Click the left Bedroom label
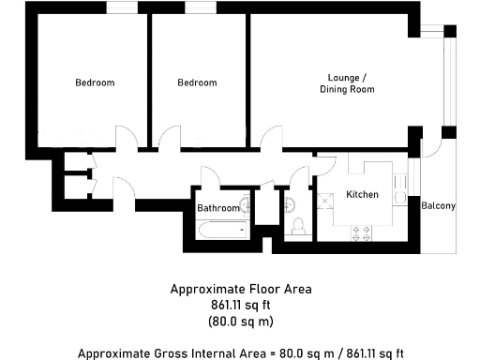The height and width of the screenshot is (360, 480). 95,82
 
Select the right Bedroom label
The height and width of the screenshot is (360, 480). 197,82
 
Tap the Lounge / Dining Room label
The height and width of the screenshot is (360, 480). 352,83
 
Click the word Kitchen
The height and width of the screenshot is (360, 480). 362,195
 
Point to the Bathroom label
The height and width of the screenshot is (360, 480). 217,207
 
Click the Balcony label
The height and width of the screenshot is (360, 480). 438,206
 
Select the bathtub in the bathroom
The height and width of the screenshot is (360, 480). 222,230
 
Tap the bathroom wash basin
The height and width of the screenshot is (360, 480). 245,204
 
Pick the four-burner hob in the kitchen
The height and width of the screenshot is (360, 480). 361,234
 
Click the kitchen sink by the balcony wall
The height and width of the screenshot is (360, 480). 400,197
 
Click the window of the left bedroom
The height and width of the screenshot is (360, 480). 118,8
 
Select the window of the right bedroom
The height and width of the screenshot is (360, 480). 198,8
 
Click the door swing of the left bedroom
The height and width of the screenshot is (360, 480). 125,139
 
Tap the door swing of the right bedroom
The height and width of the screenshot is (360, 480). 169,139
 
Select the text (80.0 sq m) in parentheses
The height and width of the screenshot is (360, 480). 240,322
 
